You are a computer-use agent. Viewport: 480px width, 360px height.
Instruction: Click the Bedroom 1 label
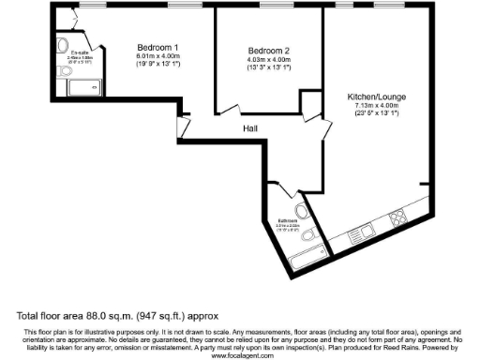(157, 47)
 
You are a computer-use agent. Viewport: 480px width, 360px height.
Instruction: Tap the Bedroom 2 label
(269, 50)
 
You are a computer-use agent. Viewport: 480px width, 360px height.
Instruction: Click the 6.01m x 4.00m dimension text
(157, 57)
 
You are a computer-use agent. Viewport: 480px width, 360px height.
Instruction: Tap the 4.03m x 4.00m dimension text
(269, 60)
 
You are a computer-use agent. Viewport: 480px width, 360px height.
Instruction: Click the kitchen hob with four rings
(395, 217)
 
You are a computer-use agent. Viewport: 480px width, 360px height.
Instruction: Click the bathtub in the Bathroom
(307, 255)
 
